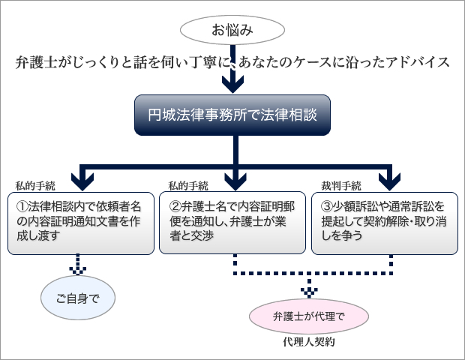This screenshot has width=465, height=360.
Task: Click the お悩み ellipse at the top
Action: [232, 30]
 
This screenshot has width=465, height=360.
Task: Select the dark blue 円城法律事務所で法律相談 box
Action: [232, 115]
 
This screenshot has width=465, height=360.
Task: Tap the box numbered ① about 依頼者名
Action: [81, 223]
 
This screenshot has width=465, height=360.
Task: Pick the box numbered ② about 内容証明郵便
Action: [232, 223]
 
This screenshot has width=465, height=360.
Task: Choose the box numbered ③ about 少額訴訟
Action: [385, 223]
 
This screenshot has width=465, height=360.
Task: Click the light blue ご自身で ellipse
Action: [78, 298]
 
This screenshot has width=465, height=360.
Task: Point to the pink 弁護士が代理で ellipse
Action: [309, 316]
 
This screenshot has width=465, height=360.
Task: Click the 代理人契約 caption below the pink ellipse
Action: [309, 342]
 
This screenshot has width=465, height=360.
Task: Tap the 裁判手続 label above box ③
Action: [341, 186]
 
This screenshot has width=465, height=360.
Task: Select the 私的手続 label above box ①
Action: [35, 186]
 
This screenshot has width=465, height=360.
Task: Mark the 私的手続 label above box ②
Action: [188, 186]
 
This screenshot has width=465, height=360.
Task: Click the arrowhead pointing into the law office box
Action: [232, 84]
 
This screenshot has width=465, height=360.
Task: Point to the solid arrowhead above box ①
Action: [82, 181]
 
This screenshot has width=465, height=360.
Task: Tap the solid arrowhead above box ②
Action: [235, 181]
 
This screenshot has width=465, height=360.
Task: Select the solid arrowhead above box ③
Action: [390, 181]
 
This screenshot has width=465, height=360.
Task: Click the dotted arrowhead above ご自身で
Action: [78, 271]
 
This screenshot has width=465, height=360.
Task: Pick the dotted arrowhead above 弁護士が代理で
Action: [309, 292]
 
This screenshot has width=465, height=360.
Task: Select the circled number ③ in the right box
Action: [327, 207]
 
